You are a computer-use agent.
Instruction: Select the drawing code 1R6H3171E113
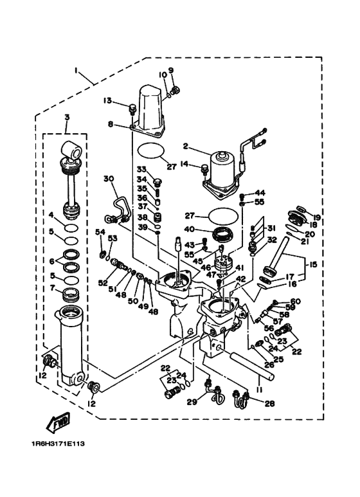point(58,443)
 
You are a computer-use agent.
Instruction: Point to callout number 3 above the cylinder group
point(66,117)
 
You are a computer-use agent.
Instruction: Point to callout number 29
point(191,402)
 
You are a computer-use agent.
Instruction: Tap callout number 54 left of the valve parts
point(100,231)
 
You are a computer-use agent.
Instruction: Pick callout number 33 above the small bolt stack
point(141,170)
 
